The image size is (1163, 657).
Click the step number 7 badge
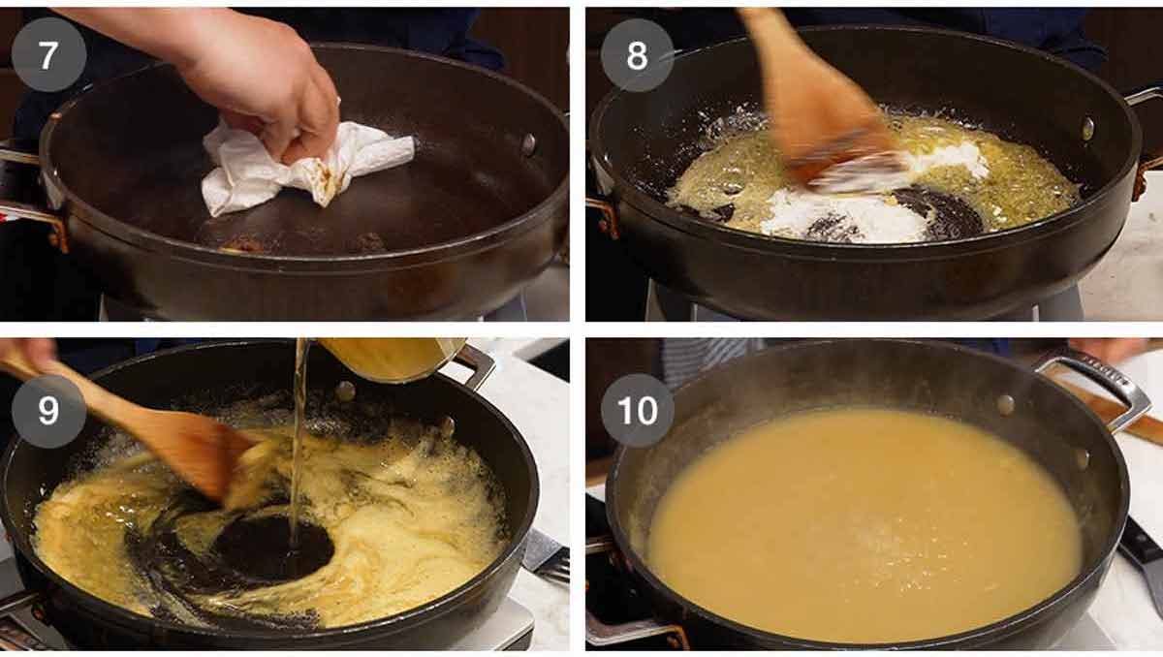click(48, 54)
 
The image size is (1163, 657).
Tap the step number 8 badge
click(637, 54)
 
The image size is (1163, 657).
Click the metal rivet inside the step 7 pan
click(528, 144)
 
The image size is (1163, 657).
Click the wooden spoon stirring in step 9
click(145, 426)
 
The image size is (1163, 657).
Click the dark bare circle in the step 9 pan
click(271, 547)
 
